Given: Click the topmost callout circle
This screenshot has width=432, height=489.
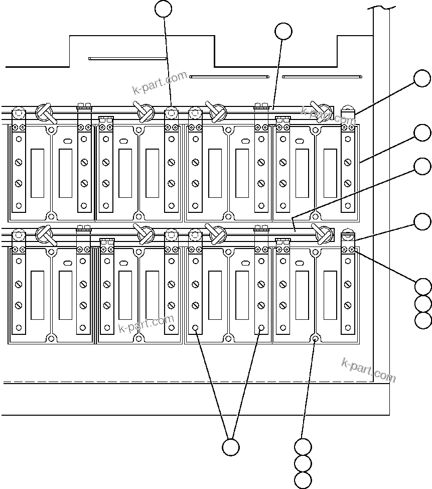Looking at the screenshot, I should click(164, 9).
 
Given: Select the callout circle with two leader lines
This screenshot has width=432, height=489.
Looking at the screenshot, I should click(230, 447).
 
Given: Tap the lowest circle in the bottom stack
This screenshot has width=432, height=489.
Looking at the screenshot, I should click(303, 479).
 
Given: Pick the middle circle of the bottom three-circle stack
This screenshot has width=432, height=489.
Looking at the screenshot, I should click(303, 463).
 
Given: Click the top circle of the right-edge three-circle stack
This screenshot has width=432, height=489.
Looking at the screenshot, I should click(423, 287).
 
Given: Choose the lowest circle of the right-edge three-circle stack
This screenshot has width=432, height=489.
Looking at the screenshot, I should click(423, 320).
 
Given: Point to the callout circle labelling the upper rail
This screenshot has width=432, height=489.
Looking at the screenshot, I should click(283, 31).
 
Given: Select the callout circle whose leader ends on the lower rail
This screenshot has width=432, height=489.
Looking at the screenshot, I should click(422, 166).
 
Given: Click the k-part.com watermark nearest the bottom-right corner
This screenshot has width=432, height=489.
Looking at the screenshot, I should click(368, 370).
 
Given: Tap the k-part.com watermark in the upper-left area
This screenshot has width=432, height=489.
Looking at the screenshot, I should click(160, 83).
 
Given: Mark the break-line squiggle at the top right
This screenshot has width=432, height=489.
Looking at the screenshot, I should click(381, 7).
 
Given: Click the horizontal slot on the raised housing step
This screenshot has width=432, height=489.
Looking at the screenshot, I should click(127, 58).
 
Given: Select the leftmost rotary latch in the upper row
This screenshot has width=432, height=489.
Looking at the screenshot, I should click(45, 112).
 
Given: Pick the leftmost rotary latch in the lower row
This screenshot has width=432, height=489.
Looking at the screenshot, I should click(45, 234).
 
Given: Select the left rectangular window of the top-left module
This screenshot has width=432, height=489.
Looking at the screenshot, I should click(37, 173).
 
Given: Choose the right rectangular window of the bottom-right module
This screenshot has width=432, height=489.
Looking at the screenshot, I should click(330, 295).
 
